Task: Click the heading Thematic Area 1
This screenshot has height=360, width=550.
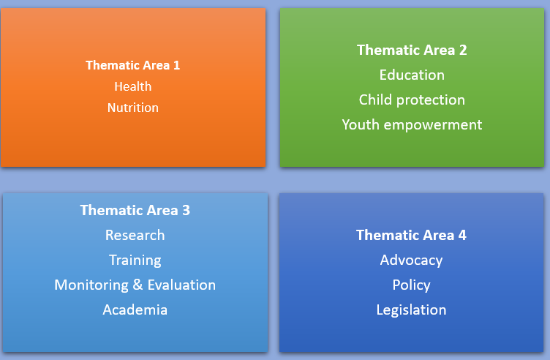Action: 133,65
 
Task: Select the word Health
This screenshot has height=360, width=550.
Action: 133,86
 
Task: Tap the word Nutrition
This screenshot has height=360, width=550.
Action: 133,108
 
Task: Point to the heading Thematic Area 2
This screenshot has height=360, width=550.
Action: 412,50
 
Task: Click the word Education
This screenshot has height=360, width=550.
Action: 412,75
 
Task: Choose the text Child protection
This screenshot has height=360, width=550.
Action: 412,100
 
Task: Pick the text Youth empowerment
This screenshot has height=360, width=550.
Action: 412,125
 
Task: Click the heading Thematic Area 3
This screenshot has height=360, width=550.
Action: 135,210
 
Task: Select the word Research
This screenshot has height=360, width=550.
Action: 135,235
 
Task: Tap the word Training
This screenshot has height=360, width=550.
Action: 135,260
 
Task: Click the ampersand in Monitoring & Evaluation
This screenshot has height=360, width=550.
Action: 137,285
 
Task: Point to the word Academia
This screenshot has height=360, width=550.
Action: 135,310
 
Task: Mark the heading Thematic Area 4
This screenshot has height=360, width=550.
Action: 411,235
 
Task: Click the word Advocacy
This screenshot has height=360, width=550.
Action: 411,260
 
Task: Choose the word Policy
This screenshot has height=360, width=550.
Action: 411,285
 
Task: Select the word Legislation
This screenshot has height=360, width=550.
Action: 411,310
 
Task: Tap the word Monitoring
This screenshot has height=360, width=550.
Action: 91,285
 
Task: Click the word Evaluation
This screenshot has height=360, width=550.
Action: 181,285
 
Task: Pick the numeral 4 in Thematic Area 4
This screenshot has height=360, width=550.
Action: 462,235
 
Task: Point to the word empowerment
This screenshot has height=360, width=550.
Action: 433,125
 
